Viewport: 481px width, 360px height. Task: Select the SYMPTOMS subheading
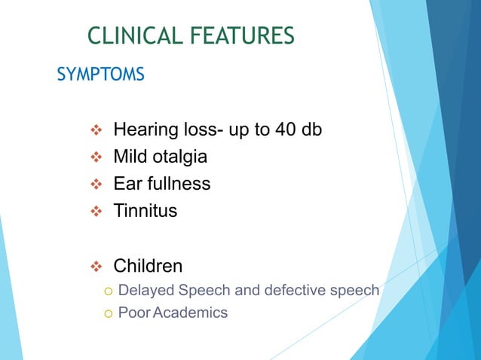pyautogui.click(x=100, y=75)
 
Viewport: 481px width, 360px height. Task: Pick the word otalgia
pyautogui.click(x=181, y=157)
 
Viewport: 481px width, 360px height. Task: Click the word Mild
pyautogui.click(x=131, y=157)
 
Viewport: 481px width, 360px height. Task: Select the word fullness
pyautogui.click(x=178, y=184)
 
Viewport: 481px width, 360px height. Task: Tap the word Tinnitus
pyautogui.click(x=145, y=211)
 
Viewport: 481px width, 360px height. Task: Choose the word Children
pyautogui.click(x=147, y=266)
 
